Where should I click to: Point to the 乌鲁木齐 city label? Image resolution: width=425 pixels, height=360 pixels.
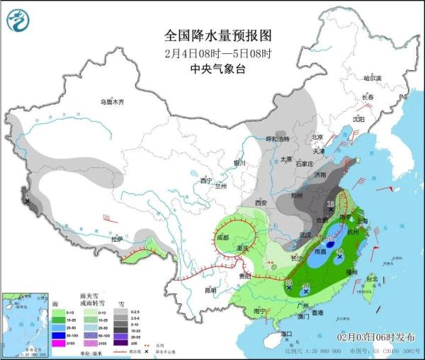[111, 102]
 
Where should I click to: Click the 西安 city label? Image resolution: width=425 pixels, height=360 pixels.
[259, 203]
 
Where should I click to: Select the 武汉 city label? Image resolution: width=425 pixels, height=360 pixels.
[305, 235]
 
